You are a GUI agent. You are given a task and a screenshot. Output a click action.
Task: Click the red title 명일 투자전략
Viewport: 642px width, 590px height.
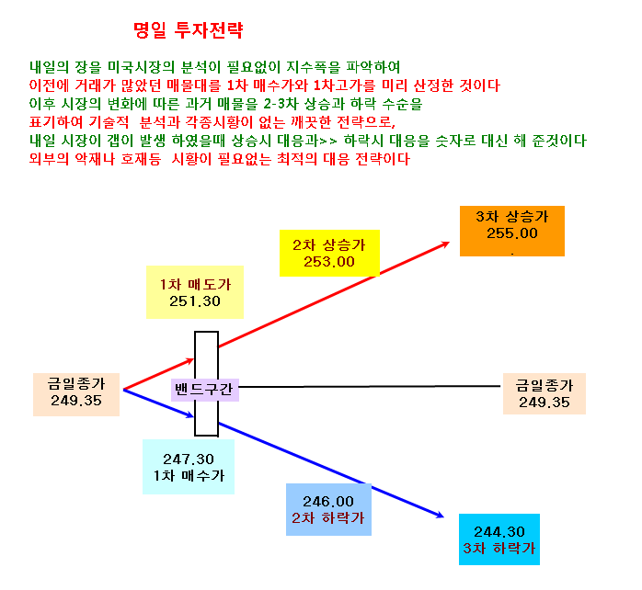click(189, 30)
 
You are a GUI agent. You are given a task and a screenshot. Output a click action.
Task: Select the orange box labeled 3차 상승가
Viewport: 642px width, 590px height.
click(512, 232)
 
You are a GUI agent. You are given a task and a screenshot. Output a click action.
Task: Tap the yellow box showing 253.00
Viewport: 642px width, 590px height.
click(329, 254)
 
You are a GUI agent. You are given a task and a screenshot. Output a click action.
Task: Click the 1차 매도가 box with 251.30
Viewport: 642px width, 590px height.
click(195, 292)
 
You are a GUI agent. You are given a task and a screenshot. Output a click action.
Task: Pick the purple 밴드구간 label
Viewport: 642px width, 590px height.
click(205, 389)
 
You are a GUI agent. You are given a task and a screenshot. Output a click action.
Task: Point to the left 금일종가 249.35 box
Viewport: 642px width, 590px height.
click(76, 394)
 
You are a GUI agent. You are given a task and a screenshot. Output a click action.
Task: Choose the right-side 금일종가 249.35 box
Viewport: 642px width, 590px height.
click(545, 393)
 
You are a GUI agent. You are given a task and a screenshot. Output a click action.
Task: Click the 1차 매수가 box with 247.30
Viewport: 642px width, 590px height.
click(189, 467)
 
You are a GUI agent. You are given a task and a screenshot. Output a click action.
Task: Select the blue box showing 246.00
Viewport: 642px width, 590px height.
click(328, 509)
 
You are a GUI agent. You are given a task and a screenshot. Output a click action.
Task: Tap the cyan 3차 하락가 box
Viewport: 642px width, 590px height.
click(499, 539)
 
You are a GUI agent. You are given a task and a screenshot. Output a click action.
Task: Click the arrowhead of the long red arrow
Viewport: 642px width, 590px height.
click(449, 243)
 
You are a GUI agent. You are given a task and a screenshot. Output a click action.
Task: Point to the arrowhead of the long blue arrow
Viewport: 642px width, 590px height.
click(444, 517)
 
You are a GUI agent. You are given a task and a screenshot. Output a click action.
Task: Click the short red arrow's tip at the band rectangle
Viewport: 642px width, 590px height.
click(194, 359)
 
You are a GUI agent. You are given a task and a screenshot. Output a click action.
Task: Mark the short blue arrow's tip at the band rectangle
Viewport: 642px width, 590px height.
click(194, 417)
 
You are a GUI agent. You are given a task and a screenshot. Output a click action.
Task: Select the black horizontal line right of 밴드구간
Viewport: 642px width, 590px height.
click(370, 386)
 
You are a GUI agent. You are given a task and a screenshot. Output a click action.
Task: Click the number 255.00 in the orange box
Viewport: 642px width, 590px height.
click(512, 233)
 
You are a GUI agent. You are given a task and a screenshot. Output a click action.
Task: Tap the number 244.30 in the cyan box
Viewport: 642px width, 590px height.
click(499, 532)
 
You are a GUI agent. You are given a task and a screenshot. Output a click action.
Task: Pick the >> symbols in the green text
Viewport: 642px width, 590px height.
click(328, 142)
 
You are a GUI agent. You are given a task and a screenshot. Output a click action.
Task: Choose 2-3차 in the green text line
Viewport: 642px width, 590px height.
click(281, 104)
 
